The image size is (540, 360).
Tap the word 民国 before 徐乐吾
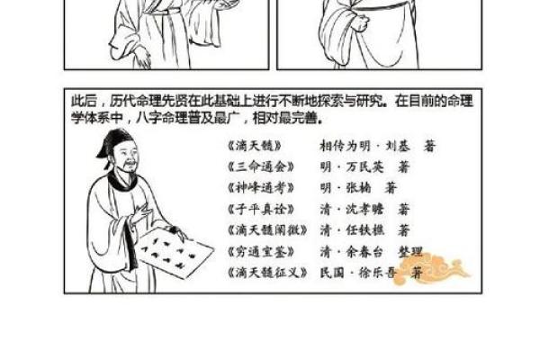333,271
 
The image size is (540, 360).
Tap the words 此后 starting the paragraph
82,101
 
